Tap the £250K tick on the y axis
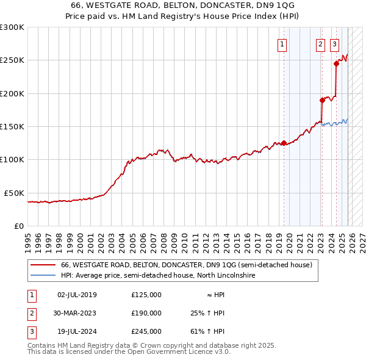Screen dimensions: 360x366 (12, 60)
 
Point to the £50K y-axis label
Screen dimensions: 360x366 (14, 193)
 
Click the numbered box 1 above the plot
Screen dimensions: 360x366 (283, 44)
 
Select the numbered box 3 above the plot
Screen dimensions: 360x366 (335, 44)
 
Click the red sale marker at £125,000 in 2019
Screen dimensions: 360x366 (284, 143)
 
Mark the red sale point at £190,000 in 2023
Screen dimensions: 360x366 (322, 100)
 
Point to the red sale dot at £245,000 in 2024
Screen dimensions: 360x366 (336, 63)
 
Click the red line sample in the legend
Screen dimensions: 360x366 (43, 265)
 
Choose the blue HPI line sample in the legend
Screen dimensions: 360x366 (43, 276)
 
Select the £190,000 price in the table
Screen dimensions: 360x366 (146, 313)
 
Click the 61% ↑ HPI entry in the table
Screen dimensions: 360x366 (207, 331)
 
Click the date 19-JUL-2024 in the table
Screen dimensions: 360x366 (76, 331)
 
